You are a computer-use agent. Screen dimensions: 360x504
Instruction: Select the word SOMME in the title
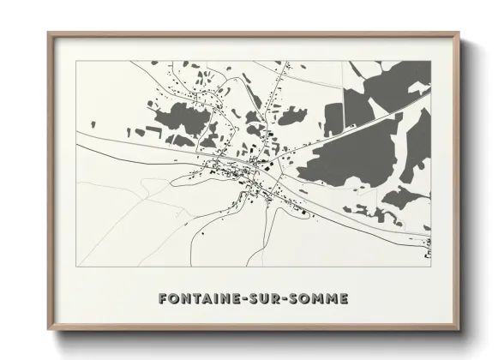315,299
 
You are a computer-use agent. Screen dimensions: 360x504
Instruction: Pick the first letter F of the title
162,299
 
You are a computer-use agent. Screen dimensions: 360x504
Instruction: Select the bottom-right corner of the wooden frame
459,331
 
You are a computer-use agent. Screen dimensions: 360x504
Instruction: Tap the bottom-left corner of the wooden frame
49,331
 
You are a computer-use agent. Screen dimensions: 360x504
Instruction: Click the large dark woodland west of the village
178,118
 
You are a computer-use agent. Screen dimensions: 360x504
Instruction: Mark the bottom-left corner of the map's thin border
75,267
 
